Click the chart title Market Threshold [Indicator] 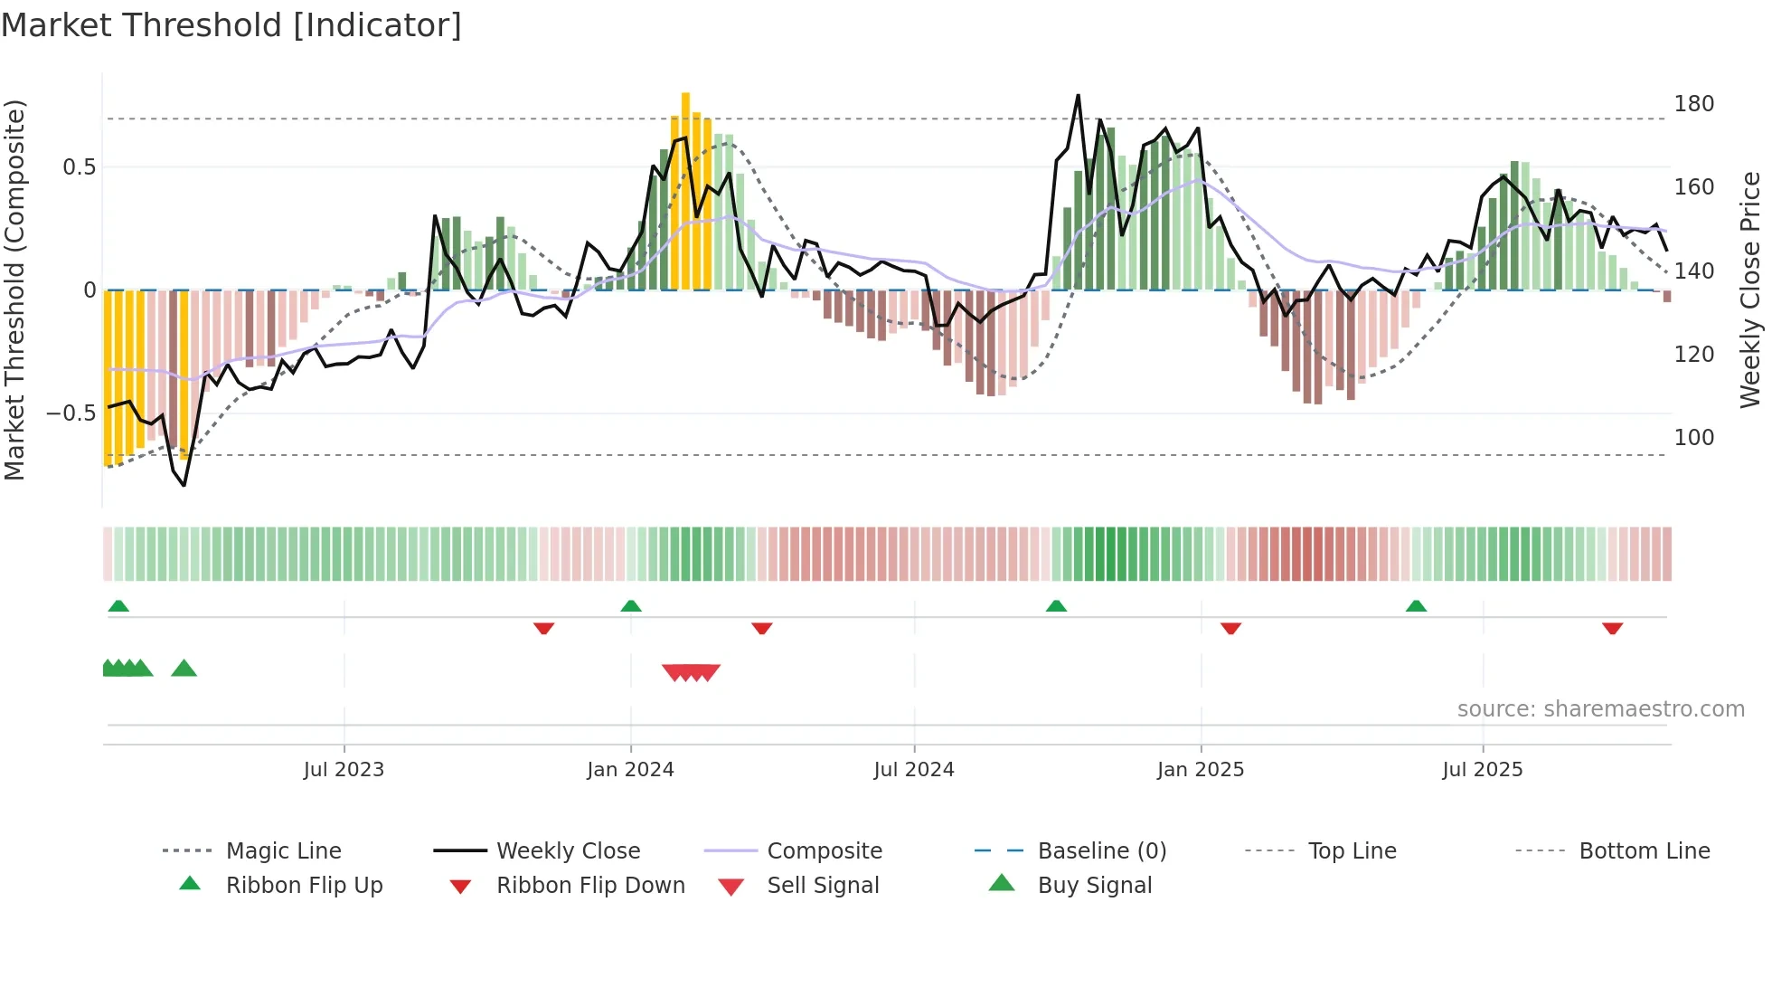pyautogui.click(x=231, y=25)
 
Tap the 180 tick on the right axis pyautogui.click(x=1693, y=104)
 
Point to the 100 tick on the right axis pyautogui.click(x=1693, y=438)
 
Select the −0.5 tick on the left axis pyautogui.click(x=71, y=413)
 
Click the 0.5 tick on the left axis pyautogui.click(x=79, y=167)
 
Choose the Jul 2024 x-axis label pyautogui.click(x=913, y=770)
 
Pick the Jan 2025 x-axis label pyautogui.click(x=1200, y=770)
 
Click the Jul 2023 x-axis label pyautogui.click(x=344, y=770)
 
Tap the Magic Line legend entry pyautogui.click(x=283, y=851)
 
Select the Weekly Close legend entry pyautogui.click(x=568, y=851)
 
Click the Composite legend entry pyautogui.click(x=824, y=851)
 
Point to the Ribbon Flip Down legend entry pyautogui.click(x=590, y=886)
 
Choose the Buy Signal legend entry pyautogui.click(x=1094, y=886)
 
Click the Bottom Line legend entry pyautogui.click(x=1644, y=851)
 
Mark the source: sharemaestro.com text pyautogui.click(x=1600, y=709)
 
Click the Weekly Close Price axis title pyautogui.click(x=1750, y=290)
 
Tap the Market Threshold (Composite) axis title pyautogui.click(x=14, y=290)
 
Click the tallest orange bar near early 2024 pyautogui.click(x=685, y=190)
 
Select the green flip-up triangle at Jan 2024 pyautogui.click(x=631, y=606)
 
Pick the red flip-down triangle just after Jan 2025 pyautogui.click(x=1230, y=628)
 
